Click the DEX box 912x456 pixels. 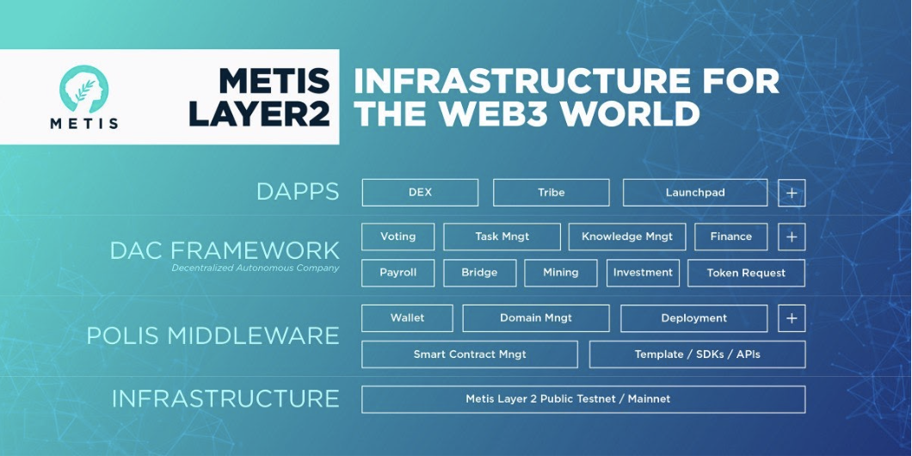click(x=420, y=193)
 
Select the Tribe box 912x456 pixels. click(x=551, y=193)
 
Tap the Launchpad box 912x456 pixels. click(x=694, y=193)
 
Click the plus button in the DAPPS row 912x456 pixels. click(x=792, y=193)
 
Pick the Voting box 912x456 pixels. click(x=397, y=237)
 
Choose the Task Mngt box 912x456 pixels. click(x=502, y=237)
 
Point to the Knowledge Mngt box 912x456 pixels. click(x=627, y=237)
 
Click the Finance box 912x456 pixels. click(x=730, y=237)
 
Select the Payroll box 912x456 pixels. click(x=397, y=273)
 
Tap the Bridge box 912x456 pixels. click(x=479, y=273)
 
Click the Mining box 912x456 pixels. click(x=560, y=273)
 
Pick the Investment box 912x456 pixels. click(x=643, y=273)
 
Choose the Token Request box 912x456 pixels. click(x=746, y=273)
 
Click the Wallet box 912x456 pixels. click(x=407, y=318)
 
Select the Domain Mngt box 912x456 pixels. click(x=535, y=318)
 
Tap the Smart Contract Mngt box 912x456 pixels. click(x=470, y=354)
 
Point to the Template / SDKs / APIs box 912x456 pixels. click(x=697, y=354)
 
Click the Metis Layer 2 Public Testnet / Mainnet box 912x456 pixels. click(x=583, y=399)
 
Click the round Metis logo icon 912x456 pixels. click(x=83, y=89)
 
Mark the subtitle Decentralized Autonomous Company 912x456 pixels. click(x=255, y=268)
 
